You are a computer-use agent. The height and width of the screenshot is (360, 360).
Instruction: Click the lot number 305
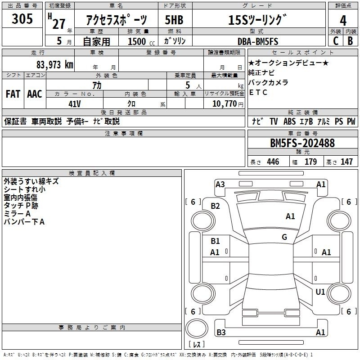point(22,18)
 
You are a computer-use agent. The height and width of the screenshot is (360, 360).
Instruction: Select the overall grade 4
point(343,21)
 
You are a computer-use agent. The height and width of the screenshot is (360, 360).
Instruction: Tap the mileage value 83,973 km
point(55,65)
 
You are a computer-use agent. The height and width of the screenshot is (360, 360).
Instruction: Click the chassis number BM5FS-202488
point(302,143)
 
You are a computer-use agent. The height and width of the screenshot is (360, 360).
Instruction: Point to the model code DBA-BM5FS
point(258,41)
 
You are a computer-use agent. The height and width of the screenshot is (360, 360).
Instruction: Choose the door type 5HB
point(174,20)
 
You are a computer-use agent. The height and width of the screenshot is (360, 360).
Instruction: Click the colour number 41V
point(75,104)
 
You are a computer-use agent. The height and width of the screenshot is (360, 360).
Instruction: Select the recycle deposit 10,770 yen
point(228,104)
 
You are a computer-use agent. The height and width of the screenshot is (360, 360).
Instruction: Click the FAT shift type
point(13,94)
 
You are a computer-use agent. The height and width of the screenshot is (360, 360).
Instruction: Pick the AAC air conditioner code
point(35,94)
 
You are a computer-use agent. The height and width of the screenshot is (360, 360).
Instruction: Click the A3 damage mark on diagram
point(220,184)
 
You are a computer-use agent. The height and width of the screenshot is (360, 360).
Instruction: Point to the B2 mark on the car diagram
point(215,206)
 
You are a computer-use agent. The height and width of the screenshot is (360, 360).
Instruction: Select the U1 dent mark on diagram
point(320,292)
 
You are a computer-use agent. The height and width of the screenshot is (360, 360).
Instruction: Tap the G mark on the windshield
point(284,237)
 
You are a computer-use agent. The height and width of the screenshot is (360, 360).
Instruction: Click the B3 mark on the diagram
point(221,332)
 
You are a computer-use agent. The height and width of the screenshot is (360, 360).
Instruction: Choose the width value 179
point(310,162)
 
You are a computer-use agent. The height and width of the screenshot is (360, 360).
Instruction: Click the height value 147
point(346,162)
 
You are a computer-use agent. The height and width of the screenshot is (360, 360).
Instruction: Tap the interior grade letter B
point(350,41)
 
